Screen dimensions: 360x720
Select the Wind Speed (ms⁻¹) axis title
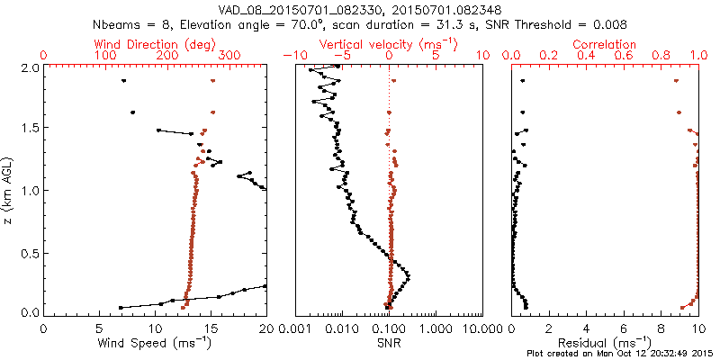156,343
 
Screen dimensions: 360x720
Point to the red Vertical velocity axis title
389,44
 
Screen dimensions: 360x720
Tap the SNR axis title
389,343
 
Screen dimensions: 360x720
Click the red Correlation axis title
606,44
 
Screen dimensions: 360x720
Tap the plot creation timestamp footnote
621,354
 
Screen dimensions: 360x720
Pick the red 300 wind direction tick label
229,56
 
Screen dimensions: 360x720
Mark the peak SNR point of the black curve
409,275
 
